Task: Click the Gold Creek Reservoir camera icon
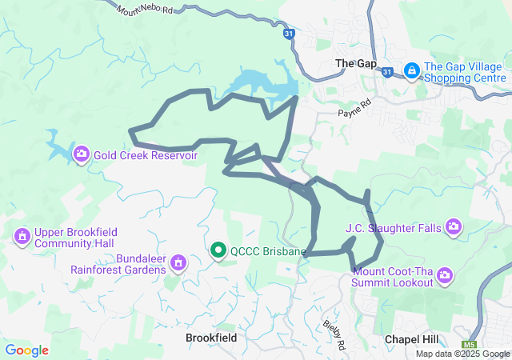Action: (x=81, y=154)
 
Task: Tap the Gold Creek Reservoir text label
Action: (x=145, y=155)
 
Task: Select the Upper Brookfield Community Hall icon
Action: (x=22, y=236)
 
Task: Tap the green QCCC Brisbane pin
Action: (x=218, y=250)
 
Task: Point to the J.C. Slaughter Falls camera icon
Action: (x=454, y=228)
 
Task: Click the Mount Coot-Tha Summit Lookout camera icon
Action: (x=445, y=276)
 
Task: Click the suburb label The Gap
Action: (x=355, y=63)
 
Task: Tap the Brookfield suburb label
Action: (x=210, y=338)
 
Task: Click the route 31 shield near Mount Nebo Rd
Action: (x=289, y=34)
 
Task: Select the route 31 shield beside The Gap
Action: (x=387, y=72)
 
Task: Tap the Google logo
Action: (x=26, y=350)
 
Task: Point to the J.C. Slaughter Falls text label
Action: (x=393, y=228)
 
